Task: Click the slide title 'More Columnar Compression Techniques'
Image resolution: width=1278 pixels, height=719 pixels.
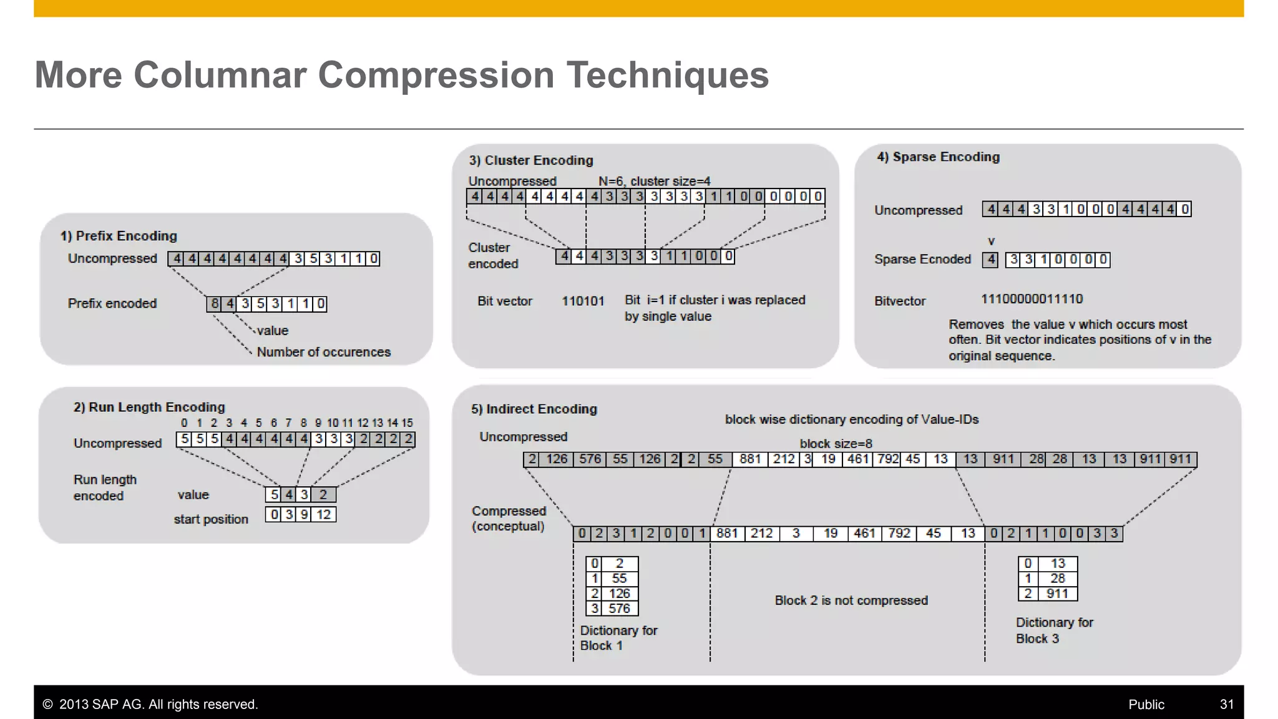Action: (401, 75)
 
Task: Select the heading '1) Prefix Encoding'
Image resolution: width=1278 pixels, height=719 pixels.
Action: (119, 236)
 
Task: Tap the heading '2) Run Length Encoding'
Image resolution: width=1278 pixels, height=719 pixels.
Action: (149, 407)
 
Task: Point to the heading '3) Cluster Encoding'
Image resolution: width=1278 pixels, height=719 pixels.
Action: (531, 160)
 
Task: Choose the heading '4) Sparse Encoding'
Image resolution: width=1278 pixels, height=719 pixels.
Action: (938, 157)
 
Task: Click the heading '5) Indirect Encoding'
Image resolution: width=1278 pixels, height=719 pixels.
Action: (534, 409)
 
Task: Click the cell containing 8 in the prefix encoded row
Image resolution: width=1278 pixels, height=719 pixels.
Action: (215, 304)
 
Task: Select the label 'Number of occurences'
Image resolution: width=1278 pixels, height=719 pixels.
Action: (323, 352)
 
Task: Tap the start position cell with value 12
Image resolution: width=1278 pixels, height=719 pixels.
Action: (323, 514)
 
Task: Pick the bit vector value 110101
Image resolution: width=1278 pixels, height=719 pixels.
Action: (583, 301)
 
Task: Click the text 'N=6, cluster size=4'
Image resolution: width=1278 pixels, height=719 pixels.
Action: (654, 181)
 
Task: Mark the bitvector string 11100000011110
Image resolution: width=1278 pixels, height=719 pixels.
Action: (1032, 299)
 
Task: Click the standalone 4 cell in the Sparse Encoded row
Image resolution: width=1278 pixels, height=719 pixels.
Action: (990, 260)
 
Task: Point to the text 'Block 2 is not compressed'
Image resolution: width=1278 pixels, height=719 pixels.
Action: (851, 600)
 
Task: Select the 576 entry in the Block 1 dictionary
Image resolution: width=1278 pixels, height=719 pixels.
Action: (619, 609)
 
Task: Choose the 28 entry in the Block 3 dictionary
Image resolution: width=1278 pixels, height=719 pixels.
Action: (1057, 579)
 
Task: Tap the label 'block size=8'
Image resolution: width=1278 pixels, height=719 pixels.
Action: (836, 444)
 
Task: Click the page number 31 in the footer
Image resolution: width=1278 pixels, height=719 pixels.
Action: (1226, 705)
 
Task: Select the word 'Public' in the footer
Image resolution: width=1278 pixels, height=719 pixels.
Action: (1146, 705)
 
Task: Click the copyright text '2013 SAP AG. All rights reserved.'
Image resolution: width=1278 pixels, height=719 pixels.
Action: (158, 705)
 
